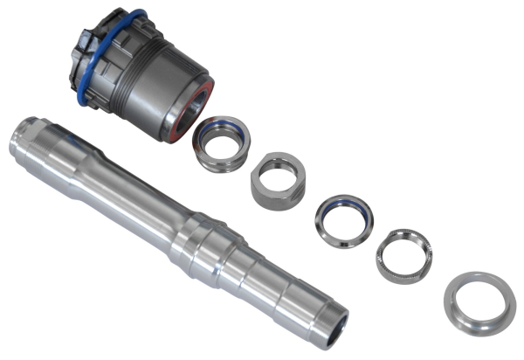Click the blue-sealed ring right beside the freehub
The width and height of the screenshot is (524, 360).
tap(221, 142)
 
